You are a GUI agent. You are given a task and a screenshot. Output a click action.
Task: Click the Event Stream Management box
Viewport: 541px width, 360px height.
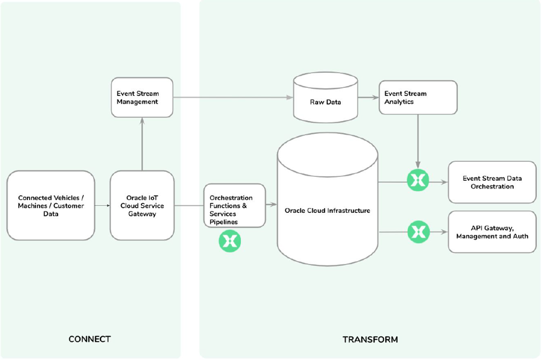142,97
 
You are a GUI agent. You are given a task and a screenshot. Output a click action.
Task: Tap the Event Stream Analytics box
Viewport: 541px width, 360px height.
418,97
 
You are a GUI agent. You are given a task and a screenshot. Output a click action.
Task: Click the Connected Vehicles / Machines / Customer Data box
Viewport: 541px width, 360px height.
51,205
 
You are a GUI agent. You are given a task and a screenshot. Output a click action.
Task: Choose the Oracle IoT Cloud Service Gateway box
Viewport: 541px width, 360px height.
142,205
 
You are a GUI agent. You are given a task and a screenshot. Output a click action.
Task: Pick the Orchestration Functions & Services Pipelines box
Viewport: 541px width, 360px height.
234,205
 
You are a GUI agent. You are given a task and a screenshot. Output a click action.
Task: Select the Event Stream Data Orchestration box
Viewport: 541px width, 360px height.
492,182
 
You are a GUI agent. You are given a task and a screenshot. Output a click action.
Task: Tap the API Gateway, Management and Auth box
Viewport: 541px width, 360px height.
492,231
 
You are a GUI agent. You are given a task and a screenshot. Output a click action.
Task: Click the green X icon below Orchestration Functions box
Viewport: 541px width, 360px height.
230,241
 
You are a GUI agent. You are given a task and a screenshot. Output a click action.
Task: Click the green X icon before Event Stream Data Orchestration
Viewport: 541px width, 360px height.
418,181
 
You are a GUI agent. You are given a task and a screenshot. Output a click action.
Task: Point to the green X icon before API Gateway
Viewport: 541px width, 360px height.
418,231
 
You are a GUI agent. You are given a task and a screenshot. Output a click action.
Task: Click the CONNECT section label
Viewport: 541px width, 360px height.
90,339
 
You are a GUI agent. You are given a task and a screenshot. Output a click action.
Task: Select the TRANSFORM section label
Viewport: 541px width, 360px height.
370,339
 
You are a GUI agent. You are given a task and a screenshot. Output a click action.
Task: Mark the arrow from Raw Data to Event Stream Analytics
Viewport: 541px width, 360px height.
368,98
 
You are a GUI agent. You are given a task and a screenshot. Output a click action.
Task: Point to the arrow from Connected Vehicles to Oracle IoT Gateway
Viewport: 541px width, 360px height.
102,205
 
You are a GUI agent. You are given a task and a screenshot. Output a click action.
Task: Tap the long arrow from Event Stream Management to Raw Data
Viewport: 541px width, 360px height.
233,98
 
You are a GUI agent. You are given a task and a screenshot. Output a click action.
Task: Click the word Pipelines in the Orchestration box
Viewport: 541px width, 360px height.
224,222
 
